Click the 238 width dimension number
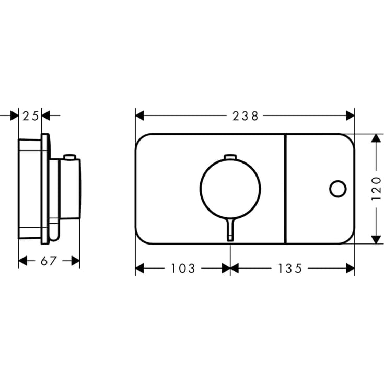coord(245,116)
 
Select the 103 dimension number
coord(183,269)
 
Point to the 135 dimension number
coord(290,269)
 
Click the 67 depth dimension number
coord(49,261)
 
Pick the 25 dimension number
coord(31,116)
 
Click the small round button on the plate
coord(338,189)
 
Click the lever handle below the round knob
coord(230,230)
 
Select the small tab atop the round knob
coord(230,157)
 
